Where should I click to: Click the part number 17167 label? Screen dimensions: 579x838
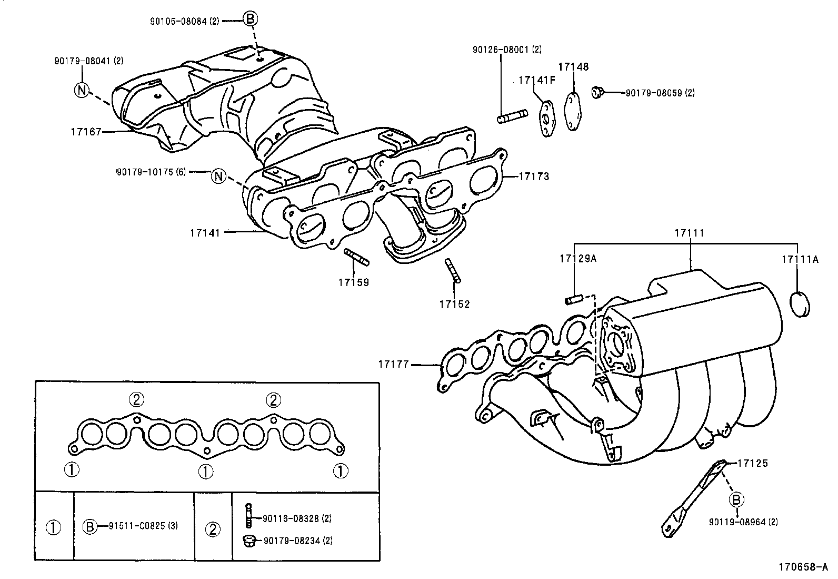86,131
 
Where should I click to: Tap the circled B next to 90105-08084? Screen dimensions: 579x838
250,19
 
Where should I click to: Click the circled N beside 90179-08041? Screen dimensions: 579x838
81,90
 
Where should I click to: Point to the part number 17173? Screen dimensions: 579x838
534,176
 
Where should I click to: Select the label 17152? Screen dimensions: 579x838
454,305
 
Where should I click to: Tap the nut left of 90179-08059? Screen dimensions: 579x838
597,92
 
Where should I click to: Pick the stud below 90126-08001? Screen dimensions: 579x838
512,115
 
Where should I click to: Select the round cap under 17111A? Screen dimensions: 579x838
800,304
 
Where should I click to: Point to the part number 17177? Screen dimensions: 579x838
393,364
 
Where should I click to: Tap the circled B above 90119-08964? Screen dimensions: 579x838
736,499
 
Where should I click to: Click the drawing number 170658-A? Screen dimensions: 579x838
803,567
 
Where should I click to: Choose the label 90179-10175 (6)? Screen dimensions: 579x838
151,172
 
